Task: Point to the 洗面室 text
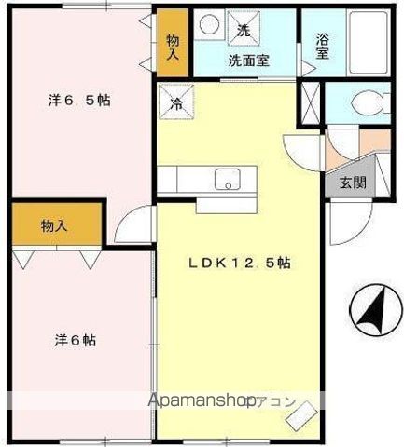point(249,61)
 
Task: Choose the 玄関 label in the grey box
point(352,183)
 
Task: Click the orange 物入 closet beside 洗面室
point(173,47)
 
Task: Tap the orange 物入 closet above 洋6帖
point(54,225)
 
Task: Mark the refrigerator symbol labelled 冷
point(175,102)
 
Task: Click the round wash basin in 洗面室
point(211,27)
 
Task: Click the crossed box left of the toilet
point(311,104)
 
